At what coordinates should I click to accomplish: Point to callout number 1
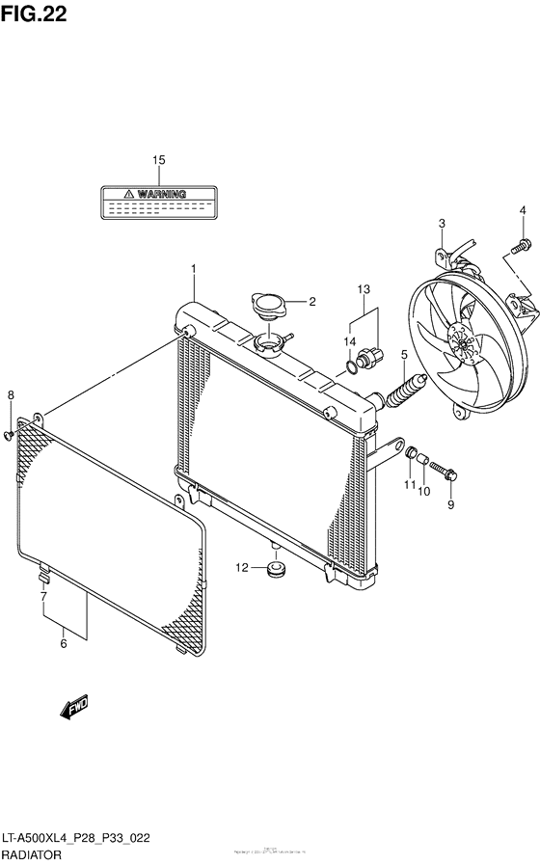pos(193,267)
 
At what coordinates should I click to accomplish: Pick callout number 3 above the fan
pos(442,224)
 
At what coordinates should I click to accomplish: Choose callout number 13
pos(364,289)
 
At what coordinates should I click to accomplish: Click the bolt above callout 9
pos(445,470)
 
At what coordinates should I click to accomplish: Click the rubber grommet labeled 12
pos(275,570)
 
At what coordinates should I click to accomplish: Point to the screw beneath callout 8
pos(10,436)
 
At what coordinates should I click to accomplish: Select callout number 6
pos(64,644)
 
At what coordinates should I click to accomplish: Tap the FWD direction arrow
pos(75,711)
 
